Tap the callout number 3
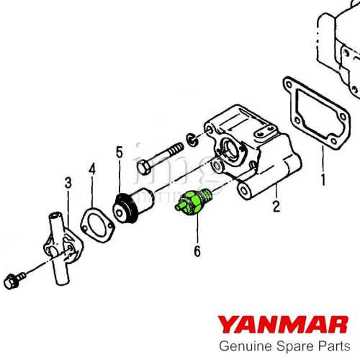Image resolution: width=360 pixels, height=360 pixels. coord(68,183)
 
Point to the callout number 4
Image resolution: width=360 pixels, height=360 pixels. coord(91,169)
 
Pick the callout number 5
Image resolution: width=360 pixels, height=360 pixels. coord(120,153)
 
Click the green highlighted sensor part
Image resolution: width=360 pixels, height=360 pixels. coord(194,202)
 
